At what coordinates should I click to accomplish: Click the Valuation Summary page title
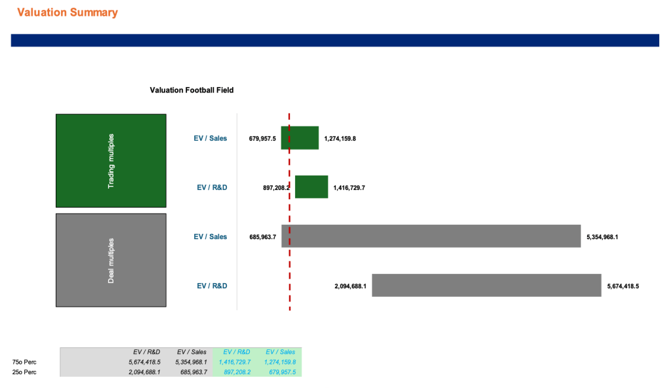[x=68, y=12]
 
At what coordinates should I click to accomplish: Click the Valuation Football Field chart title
[x=192, y=90]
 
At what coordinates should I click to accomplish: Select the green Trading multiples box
[x=111, y=161]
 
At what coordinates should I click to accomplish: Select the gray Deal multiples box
[x=111, y=260]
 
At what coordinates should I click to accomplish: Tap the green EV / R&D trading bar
[x=311, y=187]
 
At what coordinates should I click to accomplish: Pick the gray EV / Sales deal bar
[x=433, y=236]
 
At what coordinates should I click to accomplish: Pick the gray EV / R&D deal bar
[x=486, y=285]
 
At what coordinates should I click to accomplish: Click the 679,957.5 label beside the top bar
[x=262, y=138]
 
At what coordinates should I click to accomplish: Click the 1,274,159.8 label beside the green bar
[x=340, y=138]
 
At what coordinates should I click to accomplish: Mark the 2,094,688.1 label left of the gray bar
[x=350, y=286]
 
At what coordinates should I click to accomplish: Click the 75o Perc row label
[x=24, y=362]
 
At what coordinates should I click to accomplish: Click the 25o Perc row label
[x=24, y=372]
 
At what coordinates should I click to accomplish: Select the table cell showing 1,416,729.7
[x=234, y=362]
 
